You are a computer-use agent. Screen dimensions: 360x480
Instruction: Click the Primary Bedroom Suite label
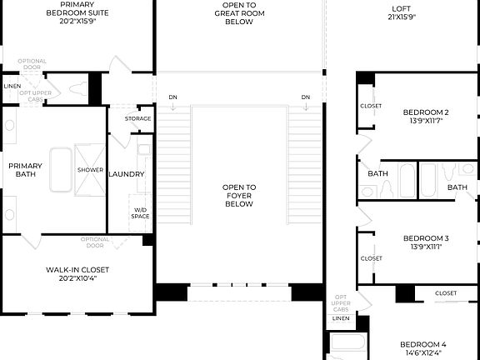pos(77,9)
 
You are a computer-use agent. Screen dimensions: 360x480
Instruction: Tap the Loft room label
pos(402,10)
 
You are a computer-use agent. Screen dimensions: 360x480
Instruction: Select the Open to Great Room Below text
pos(238,13)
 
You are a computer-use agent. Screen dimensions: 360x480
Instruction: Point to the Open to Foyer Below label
pos(238,195)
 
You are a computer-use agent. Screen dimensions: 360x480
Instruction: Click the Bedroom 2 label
pos(426,112)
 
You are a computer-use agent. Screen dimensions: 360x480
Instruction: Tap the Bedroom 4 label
pos(422,344)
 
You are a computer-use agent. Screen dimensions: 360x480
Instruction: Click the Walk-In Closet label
pos(77,270)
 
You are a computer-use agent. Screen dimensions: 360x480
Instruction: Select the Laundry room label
pos(127,174)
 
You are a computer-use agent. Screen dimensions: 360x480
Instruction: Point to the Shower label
pos(90,170)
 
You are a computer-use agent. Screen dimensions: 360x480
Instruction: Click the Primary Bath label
pos(26,170)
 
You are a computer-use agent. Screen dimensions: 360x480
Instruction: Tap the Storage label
pos(138,118)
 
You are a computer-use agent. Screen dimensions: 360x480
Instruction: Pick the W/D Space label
pos(140,212)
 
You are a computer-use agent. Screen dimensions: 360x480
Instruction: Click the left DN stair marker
pos(172,97)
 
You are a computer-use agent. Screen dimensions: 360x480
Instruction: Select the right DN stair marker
pos(306,97)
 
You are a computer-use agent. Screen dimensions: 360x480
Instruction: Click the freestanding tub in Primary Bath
pos(61,170)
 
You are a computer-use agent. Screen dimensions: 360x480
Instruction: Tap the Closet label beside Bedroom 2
pos(371,106)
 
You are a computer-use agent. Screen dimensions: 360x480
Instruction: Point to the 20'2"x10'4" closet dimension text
pos(77,278)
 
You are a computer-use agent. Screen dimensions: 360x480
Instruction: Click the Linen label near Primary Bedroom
pos(12,86)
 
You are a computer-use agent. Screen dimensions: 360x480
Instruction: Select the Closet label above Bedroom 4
pos(446,293)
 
